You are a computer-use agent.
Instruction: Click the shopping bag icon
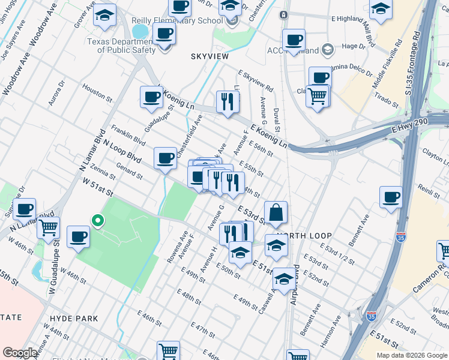click(276, 212)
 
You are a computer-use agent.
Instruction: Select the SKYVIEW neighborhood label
click(210, 56)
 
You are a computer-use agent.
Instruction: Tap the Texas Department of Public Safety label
click(121, 46)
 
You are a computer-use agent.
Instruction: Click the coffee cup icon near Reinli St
click(391, 197)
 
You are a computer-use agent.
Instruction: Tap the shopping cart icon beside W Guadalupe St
click(48, 228)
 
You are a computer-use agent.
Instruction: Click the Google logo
click(20, 353)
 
